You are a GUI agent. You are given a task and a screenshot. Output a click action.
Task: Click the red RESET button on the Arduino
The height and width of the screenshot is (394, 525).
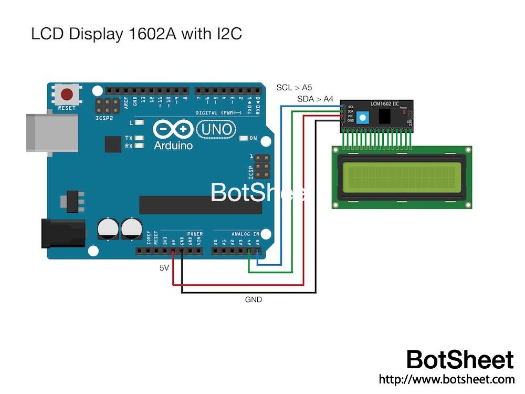(67, 95)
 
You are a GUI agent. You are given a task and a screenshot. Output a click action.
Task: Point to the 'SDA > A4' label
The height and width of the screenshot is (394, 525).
(315, 99)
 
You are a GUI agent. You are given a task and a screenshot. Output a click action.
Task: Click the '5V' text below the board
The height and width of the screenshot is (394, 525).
(164, 268)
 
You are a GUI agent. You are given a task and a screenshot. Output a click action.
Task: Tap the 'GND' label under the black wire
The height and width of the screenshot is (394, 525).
(253, 300)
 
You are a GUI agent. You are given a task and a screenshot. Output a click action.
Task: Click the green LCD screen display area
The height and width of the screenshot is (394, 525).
(402, 177)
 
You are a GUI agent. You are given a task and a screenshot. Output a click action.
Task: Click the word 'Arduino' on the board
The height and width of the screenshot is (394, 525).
(173, 146)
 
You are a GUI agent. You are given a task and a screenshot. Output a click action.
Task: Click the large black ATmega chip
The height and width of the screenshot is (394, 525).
(200, 205)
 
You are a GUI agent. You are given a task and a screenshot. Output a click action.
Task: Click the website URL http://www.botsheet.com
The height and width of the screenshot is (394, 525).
(446, 379)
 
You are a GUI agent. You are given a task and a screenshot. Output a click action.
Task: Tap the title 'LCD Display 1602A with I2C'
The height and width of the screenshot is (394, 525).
(136, 34)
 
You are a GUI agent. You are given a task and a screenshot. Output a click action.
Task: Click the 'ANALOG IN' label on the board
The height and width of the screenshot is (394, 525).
(245, 234)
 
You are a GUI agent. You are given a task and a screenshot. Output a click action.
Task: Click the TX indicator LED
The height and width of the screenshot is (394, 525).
(140, 138)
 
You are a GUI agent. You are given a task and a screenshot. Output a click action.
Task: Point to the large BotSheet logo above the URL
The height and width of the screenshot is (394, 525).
(460, 360)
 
